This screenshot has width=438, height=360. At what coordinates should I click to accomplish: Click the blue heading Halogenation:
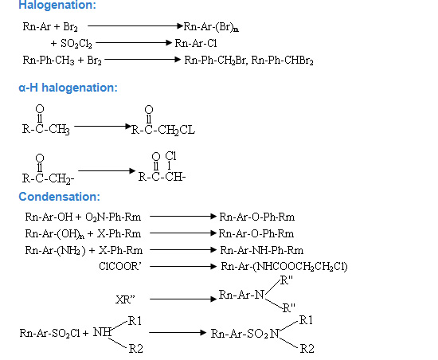(57, 5)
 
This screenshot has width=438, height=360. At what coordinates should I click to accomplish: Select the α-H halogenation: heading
(68, 88)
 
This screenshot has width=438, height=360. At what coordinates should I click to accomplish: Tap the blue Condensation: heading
(59, 197)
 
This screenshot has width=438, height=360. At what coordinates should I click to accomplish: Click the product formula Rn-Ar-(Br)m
(211, 27)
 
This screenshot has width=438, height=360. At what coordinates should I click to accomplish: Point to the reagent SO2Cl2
(76, 44)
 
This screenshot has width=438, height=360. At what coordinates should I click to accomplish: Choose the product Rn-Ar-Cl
(196, 43)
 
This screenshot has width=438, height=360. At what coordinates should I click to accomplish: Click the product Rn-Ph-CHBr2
(282, 61)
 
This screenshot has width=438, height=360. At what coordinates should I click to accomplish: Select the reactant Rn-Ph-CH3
(49, 61)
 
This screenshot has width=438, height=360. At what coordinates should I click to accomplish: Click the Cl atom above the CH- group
(170, 156)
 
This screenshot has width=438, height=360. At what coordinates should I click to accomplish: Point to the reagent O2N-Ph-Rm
(113, 217)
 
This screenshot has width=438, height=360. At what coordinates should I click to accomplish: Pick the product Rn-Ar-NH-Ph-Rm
(262, 250)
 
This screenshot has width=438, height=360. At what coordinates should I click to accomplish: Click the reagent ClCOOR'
(120, 266)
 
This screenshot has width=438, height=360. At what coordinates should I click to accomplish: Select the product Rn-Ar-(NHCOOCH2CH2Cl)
(284, 267)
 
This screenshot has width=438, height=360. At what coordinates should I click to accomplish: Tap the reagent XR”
(125, 299)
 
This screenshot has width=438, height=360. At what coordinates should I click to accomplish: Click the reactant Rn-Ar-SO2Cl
(49, 333)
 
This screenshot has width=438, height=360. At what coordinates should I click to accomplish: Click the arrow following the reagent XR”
(183, 299)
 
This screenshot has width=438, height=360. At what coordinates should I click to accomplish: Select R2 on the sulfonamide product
(307, 349)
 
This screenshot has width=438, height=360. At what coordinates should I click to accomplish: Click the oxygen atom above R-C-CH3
(40, 108)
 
